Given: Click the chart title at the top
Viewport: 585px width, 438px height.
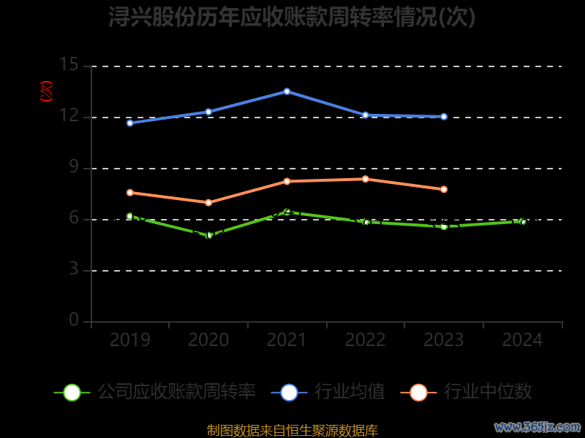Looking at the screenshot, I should (292, 17).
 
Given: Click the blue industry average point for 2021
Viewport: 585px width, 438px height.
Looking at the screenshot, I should (287, 91).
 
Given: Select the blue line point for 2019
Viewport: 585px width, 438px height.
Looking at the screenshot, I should (130, 123).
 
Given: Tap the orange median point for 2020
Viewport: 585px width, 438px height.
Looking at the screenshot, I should (208, 202).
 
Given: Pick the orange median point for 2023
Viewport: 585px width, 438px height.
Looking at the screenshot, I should (444, 189).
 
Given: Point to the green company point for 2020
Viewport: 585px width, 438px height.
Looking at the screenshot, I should (208, 235).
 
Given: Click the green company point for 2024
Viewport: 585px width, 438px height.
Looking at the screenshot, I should (523, 221).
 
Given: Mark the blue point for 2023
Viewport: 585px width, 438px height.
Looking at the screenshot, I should (444, 116).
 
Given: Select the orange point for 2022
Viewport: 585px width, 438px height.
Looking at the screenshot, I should (366, 179).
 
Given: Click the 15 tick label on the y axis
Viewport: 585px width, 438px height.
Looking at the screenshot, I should (69, 65).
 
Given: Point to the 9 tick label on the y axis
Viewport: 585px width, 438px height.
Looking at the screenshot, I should (74, 167).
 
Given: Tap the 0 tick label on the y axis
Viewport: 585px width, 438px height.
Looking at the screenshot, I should (74, 320).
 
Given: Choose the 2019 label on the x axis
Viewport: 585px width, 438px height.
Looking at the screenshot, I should (130, 340).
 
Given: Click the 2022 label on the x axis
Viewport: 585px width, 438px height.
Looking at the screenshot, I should (366, 340).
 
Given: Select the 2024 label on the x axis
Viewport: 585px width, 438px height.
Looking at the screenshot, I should (523, 340).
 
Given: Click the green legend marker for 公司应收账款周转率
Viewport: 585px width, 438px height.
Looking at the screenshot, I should (72, 392).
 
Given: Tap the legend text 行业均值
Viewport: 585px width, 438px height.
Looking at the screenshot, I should (350, 392).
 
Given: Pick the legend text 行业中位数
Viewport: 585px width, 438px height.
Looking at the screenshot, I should (488, 392).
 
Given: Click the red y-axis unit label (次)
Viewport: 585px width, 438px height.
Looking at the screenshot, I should (47, 91).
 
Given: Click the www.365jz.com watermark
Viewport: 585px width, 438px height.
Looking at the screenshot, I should (537, 426).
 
